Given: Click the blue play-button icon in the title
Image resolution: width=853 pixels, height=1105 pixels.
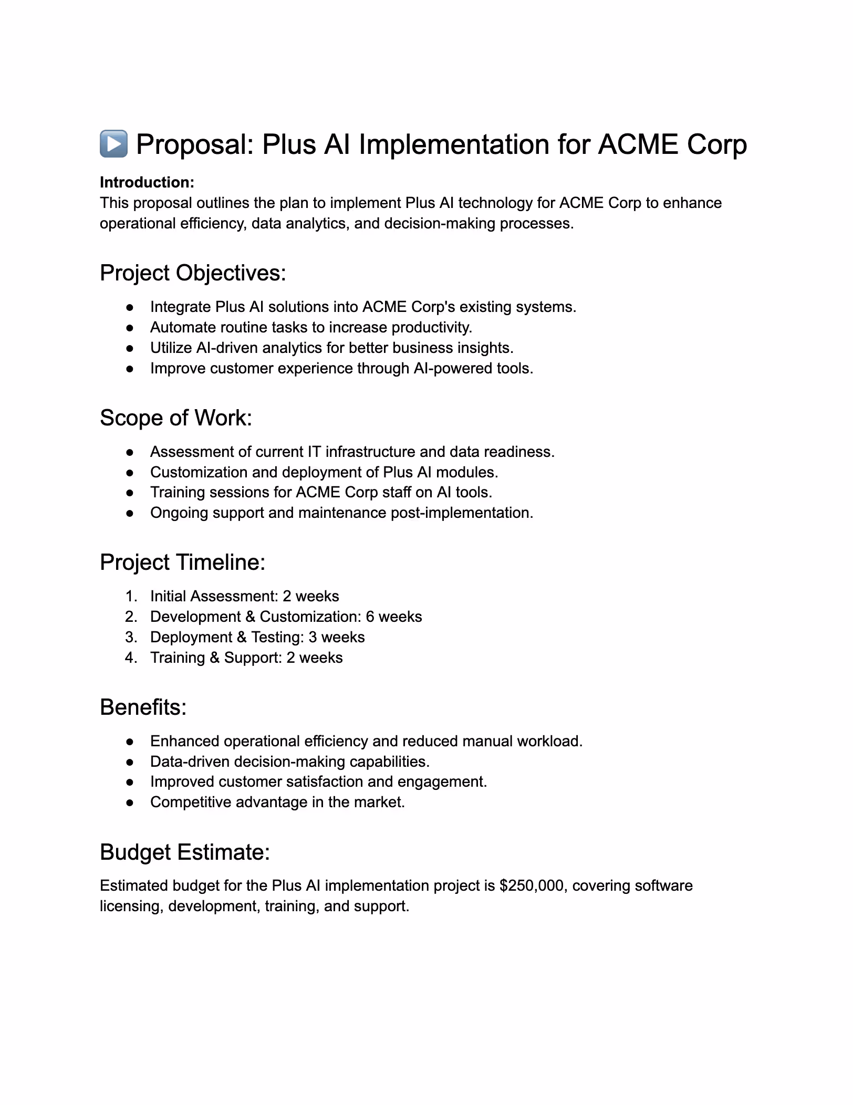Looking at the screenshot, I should point(113,144).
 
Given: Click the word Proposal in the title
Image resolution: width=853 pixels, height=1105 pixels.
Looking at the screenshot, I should point(194,145).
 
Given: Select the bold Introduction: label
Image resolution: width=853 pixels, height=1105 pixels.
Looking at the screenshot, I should point(147,182).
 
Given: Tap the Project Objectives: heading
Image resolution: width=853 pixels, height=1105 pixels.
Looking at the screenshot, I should point(193,274).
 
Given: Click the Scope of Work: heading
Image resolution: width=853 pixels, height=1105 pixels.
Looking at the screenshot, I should point(176,418).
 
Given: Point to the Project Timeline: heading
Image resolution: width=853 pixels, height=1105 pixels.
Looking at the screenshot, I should point(182,562).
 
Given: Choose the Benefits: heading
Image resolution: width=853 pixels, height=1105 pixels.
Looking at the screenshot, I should point(143,707).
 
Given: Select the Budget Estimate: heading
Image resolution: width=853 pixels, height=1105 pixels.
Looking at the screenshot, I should point(185,852).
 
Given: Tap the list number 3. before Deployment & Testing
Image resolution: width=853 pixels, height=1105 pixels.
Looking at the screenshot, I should point(131,637).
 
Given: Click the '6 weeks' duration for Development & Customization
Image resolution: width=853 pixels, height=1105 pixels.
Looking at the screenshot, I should point(394,617).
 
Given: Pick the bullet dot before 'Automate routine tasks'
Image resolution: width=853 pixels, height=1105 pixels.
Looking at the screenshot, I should point(130,328).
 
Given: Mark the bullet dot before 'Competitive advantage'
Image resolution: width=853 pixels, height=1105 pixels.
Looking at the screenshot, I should point(130,802).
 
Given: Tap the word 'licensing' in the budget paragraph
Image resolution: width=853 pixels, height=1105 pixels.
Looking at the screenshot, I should point(131,906).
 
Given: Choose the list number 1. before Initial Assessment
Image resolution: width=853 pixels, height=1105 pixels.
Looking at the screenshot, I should point(131,596).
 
